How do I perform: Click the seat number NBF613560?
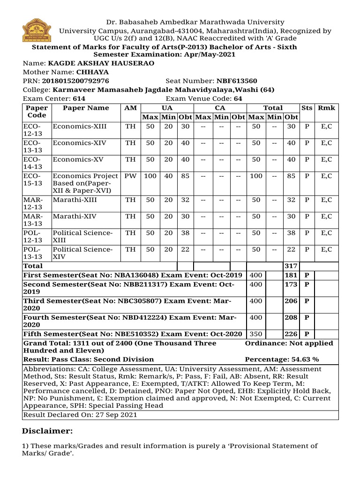tap(236, 81)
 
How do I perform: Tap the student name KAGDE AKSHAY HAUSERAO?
tap(101, 63)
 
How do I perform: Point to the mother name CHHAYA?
tap(92, 72)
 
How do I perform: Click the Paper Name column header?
tap(86, 108)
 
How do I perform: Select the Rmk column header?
tap(326, 108)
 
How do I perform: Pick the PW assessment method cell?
tap(131, 176)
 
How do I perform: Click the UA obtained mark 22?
tap(185, 249)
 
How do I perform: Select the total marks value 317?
tap(291, 266)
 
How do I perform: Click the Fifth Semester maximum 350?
tap(256, 334)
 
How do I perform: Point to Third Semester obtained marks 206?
tap(291, 301)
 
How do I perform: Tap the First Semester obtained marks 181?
tap(291, 275)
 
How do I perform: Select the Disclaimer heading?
tap(47, 431)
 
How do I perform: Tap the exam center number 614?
tap(79, 99)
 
